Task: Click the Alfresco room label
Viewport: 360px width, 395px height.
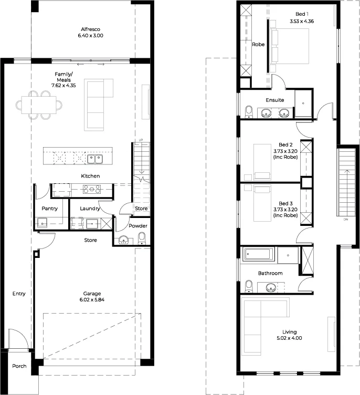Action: pyautogui.click(x=90, y=29)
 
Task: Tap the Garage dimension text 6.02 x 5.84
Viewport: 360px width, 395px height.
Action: pyautogui.click(x=92, y=299)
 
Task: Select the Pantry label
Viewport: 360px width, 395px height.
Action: pyautogui.click(x=50, y=209)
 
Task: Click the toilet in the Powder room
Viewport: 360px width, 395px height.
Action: pyautogui.click(x=142, y=238)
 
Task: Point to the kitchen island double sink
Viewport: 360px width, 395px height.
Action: pyautogui.click(x=95, y=159)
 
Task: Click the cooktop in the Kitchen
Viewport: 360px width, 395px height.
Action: pyautogui.click(x=92, y=190)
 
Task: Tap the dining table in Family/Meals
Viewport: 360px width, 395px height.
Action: pyautogui.click(x=39, y=105)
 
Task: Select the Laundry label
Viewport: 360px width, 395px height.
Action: pyautogui.click(x=90, y=209)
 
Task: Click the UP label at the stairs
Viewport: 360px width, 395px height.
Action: pyautogui.click(x=141, y=140)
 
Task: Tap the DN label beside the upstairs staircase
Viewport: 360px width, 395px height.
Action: pyautogui.click(x=346, y=220)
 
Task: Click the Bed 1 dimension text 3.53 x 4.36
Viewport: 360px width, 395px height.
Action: pyautogui.click(x=302, y=21)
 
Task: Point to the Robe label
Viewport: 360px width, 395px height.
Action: pyautogui.click(x=258, y=44)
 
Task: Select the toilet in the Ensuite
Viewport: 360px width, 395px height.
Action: pyautogui.click(x=249, y=112)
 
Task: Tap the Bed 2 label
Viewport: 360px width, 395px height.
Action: pyautogui.click(x=285, y=144)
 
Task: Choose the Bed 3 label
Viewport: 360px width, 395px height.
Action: pyautogui.click(x=285, y=203)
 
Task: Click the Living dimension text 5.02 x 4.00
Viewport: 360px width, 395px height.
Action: pyautogui.click(x=289, y=338)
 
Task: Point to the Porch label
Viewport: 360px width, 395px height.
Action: pyautogui.click(x=19, y=366)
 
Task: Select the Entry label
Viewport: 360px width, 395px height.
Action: pyautogui.click(x=19, y=294)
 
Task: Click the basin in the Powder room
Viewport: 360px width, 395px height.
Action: pyautogui.click(x=123, y=240)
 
